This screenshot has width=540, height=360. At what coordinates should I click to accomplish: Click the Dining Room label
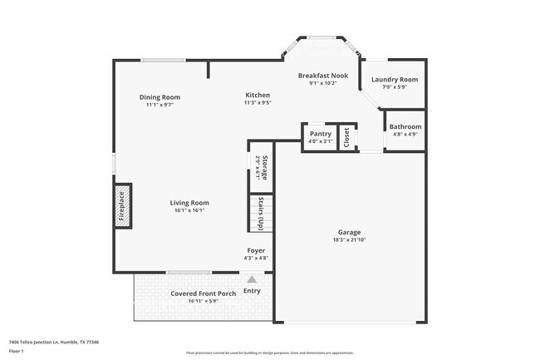coord(160,97)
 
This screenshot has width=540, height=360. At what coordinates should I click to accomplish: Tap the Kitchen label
coord(257,96)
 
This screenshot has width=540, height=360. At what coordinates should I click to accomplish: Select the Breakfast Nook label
coord(322,76)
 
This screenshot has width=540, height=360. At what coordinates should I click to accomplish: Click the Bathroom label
coord(405,127)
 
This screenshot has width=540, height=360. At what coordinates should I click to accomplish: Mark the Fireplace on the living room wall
coord(120,205)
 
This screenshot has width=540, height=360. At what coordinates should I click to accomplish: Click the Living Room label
coord(189,203)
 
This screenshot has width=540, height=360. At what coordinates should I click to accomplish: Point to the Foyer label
coord(256,250)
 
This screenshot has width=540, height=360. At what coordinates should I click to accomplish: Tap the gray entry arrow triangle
coord(252,280)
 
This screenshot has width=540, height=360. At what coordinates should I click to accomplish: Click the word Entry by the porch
coord(252,291)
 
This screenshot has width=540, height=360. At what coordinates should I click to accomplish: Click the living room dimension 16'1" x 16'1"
coord(189,210)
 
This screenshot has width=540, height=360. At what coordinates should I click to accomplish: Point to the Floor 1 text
coord(17,351)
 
